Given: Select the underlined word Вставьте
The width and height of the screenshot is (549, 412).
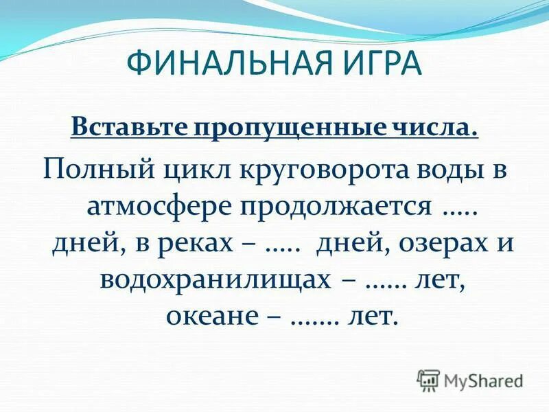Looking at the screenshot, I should (123, 128).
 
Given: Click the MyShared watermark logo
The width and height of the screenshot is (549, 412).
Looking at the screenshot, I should (470, 380).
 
